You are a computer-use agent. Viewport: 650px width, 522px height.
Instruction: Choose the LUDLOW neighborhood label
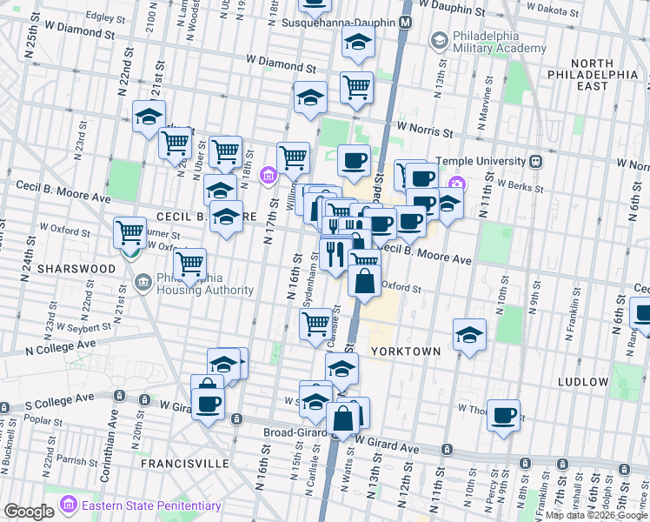point(584,382)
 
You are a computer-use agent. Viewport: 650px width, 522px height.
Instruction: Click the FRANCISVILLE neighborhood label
point(185,464)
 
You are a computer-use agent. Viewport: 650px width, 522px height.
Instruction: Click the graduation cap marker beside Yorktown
point(469,335)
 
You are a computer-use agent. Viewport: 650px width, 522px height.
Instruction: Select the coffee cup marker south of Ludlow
point(504,414)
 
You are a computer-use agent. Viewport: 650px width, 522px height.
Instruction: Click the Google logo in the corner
point(29,512)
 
